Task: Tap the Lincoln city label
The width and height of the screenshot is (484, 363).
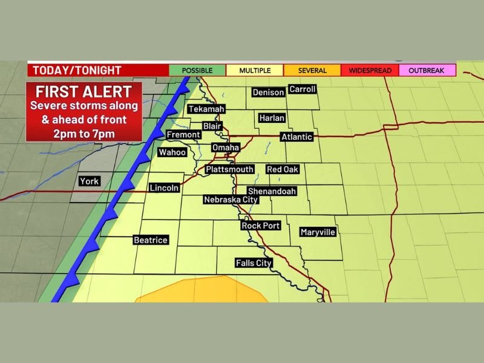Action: pos(164,188)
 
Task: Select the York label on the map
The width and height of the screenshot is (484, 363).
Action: pos(89,181)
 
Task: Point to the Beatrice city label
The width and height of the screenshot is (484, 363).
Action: pos(150,240)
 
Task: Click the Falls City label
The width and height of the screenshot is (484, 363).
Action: pos(253,263)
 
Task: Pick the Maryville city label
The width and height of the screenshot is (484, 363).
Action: pos(318,232)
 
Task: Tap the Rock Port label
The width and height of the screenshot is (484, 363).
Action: pos(261,226)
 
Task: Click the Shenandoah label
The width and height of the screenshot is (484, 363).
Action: pos(272,191)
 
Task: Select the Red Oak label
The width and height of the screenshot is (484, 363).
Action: pos(283,170)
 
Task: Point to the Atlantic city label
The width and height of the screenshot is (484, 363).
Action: pos(296,137)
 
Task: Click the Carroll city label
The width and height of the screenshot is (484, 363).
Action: pos(302,89)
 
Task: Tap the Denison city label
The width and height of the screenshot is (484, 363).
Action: pos(268,93)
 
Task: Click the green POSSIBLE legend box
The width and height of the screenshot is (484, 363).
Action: pos(197,71)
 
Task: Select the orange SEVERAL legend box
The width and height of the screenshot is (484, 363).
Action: pos(312,71)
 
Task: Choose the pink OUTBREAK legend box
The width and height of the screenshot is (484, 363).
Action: pos(426,71)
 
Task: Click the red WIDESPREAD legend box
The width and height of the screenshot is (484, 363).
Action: pos(370,71)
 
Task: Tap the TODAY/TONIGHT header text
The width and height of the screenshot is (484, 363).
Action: pos(77,70)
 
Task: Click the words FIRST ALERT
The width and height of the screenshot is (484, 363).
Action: pos(83,93)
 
